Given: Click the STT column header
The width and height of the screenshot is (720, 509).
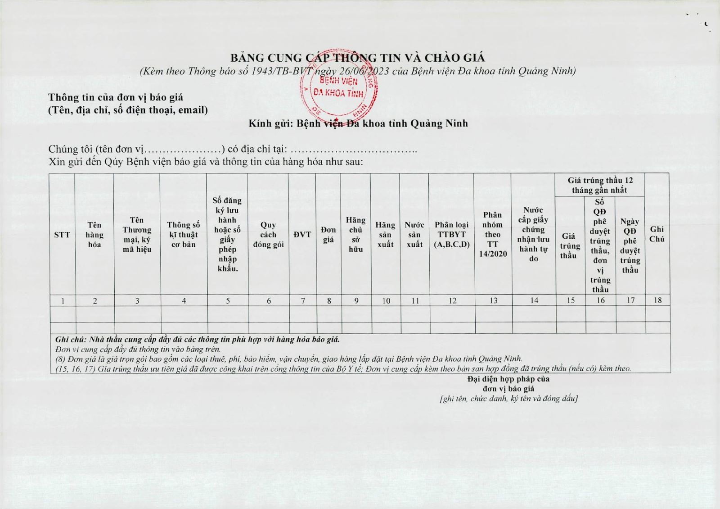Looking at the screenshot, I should [x=62, y=235].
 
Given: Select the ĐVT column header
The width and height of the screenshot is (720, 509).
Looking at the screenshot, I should [x=302, y=235].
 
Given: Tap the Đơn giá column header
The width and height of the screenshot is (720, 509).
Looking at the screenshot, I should [x=328, y=235].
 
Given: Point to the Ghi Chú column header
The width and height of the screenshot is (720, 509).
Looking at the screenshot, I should [x=657, y=234].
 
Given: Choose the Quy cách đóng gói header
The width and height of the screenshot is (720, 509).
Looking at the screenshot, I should [x=268, y=235].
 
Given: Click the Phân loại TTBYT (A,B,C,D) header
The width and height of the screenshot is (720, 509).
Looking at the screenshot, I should [x=452, y=235].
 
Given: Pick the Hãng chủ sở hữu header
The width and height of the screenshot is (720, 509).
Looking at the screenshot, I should [x=355, y=235].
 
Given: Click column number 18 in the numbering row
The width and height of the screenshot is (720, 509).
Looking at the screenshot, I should [x=657, y=300].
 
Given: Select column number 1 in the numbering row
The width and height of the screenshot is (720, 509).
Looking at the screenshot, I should [x=63, y=301].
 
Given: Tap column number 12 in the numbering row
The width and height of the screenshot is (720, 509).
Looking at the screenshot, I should [x=452, y=301].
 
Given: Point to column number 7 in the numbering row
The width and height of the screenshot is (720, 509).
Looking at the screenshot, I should [x=303, y=301].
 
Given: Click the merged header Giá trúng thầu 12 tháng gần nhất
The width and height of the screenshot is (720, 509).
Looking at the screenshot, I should [x=600, y=185].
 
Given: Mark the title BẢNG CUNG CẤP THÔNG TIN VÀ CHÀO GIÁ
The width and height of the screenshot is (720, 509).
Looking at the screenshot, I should [x=358, y=58].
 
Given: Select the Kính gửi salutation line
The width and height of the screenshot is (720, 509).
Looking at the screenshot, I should [x=358, y=123].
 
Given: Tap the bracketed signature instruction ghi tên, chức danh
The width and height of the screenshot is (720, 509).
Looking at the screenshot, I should [x=508, y=399].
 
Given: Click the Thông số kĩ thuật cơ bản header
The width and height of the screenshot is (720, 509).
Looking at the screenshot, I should [x=183, y=235].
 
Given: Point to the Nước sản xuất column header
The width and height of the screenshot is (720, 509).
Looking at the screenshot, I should [x=414, y=235].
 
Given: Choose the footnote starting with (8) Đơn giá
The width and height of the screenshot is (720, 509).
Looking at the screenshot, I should [x=288, y=359].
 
